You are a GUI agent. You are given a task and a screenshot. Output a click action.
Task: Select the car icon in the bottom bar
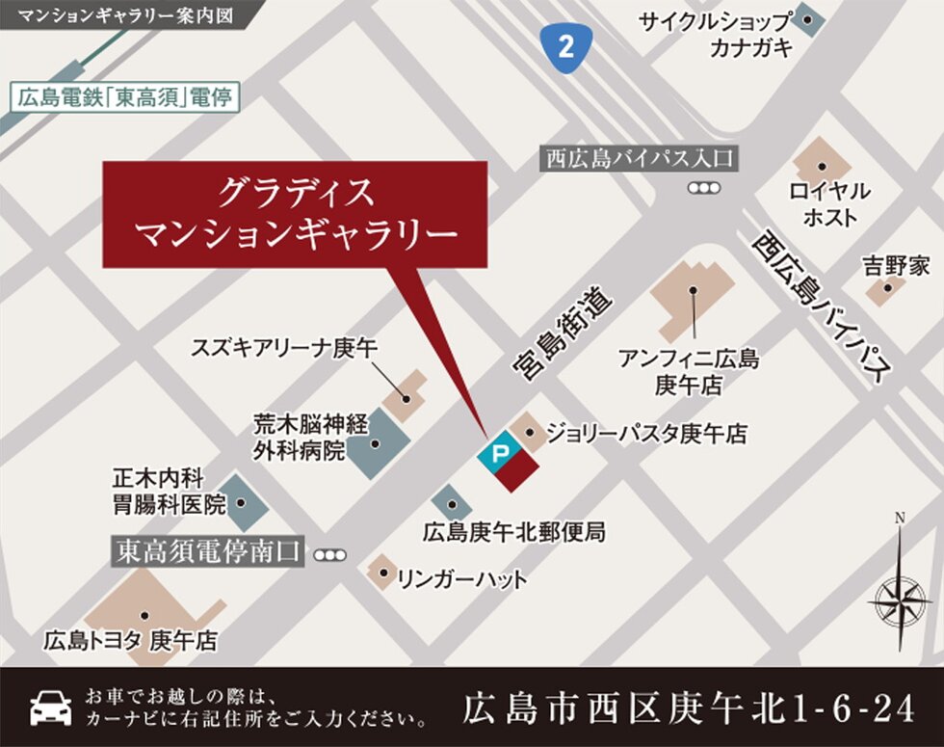(x=51, y=707)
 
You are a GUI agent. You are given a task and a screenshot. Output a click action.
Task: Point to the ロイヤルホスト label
(x=829, y=204)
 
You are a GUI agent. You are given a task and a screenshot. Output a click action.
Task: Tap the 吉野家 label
(x=896, y=266)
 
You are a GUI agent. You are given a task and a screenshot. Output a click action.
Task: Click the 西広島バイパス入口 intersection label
(x=639, y=158)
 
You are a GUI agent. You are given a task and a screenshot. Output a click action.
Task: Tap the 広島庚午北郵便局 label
(x=514, y=531)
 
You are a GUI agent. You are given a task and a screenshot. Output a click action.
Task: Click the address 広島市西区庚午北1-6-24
(x=688, y=709)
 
